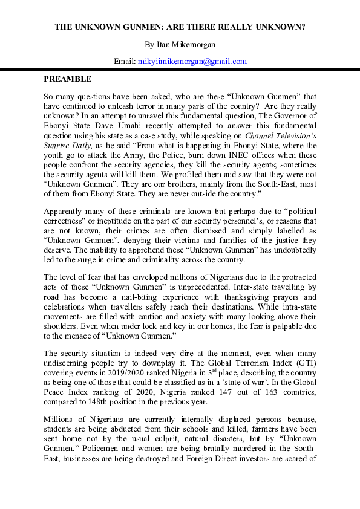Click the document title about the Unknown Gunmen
(x=180, y=27)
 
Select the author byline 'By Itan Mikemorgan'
(x=180, y=44)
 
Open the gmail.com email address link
(x=192, y=61)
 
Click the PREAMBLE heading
(x=67, y=79)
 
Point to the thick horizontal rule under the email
(x=180, y=70)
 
